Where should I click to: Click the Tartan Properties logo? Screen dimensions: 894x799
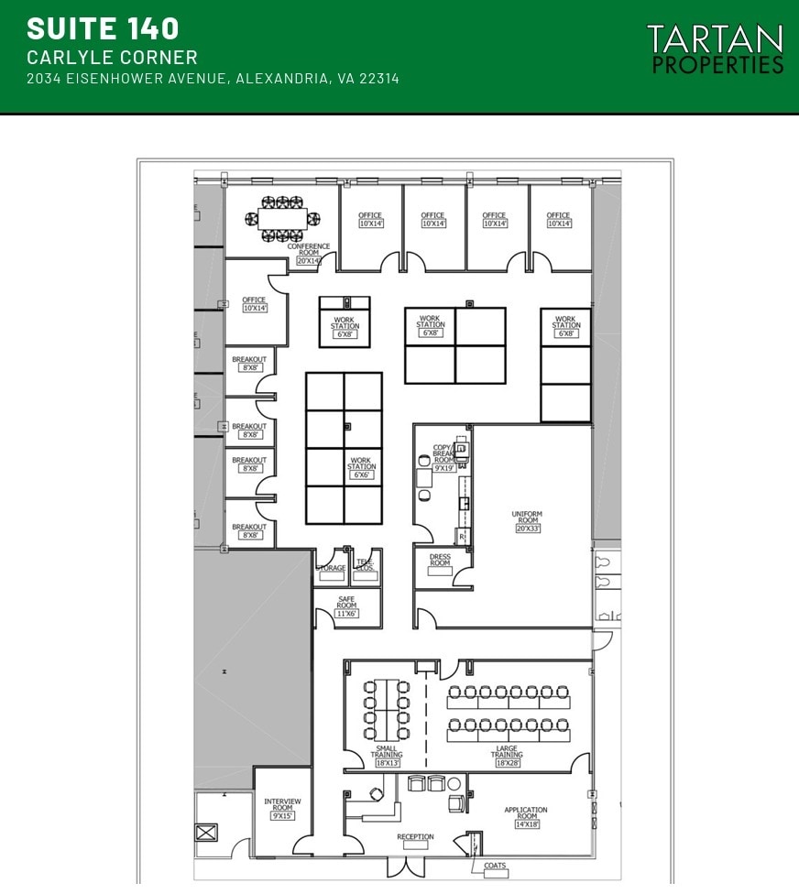[715, 49]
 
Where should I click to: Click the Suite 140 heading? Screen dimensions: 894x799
[103, 28]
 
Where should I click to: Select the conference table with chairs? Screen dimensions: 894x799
[283, 219]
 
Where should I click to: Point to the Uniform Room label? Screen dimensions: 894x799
[527, 517]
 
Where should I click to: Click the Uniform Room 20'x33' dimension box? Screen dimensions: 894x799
[527, 529]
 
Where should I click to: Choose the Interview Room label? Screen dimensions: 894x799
[282, 804]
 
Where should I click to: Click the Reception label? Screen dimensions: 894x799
[415, 836]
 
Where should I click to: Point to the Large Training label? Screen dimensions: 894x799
[507, 752]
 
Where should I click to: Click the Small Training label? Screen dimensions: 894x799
[387, 752]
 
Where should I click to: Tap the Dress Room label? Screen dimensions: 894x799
[440, 560]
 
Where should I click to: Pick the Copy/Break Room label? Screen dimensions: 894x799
[444, 454]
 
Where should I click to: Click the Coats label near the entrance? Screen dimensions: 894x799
[495, 866]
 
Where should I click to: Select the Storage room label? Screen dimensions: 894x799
[331, 568]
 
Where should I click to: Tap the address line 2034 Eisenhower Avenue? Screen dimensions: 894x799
[213, 79]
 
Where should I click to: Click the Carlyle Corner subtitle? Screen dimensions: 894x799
[112, 58]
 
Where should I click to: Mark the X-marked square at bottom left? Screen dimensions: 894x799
[206, 833]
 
